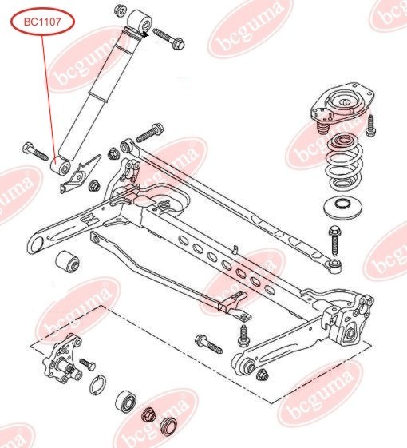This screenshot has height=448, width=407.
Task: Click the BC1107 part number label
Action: [x=42, y=22]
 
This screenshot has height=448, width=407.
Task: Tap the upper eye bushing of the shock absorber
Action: [x=140, y=21]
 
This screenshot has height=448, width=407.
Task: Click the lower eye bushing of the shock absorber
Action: [x=61, y=166]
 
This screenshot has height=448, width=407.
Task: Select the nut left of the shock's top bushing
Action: [x=121, y=10]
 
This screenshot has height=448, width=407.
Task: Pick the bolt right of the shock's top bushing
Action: [x=168, y=39]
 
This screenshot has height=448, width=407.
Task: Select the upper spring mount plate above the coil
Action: [x=342, y=106]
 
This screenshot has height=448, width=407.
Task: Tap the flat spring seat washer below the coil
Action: [x=342, y=207]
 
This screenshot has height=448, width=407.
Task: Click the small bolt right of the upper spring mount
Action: [x=370, y=125]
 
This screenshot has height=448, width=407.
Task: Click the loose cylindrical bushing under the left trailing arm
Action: [x=67, y=262]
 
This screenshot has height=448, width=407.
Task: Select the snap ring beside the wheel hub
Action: [x=97, y=385]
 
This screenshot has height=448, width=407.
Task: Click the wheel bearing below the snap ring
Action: [x=125, y=401]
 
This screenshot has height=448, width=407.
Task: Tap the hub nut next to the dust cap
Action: [x=148, y=414]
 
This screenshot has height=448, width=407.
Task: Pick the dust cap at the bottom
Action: [x=168, y=426]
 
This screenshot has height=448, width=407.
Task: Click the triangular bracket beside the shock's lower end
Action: [x=81, y=174]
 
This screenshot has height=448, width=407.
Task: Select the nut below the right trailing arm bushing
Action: [x=263, y=375]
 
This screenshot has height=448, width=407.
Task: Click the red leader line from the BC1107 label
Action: [x=49, y=97]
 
